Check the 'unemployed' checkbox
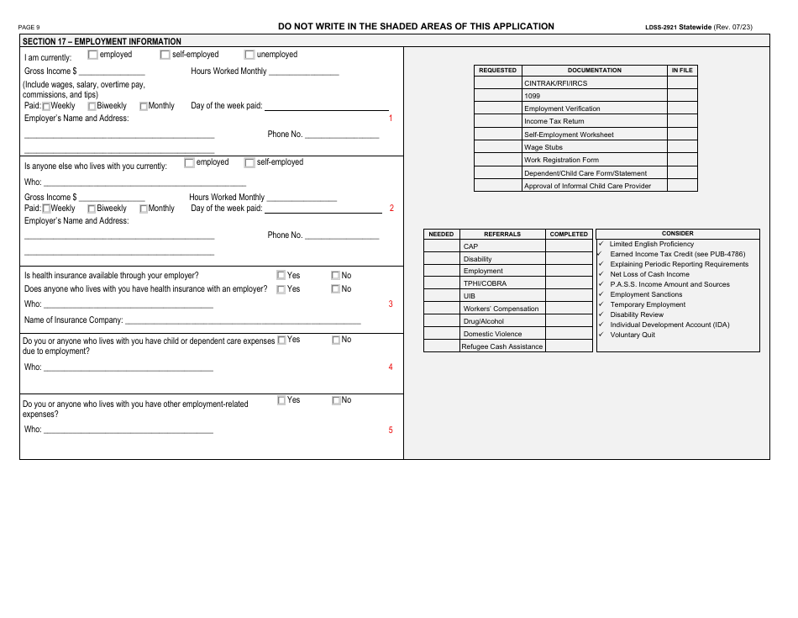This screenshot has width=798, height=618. tap(249, 55)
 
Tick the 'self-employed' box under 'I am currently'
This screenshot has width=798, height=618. tap(165, 55)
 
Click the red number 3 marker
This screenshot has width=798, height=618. tap(390, 304)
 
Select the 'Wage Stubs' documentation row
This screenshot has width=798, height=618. tap(543, 147)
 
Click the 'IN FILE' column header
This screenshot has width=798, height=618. tap(682, 71)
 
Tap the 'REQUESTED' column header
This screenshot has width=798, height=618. tap(498, 71)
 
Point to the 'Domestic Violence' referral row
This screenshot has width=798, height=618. tap(492, 334)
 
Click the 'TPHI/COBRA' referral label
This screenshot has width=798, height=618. tap(485, 283)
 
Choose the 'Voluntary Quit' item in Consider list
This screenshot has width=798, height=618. tap(633, 335)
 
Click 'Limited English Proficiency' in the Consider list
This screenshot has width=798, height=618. tap(652, 244)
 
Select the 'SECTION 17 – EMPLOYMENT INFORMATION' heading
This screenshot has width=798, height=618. tap(102, 41)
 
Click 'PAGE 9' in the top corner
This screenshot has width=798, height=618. tap(29, 28)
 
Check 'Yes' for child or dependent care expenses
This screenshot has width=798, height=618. tap(282, 340)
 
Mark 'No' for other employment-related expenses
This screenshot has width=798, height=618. tap(337, 400)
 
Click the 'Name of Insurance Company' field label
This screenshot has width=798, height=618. tap(74, 320)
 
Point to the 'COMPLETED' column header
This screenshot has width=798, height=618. tap(569, 234)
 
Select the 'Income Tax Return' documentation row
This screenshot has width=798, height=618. tap(554, 122)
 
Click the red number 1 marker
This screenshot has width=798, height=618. tap(390, 119)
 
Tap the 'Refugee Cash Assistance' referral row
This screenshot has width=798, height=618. tap(502, 346)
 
